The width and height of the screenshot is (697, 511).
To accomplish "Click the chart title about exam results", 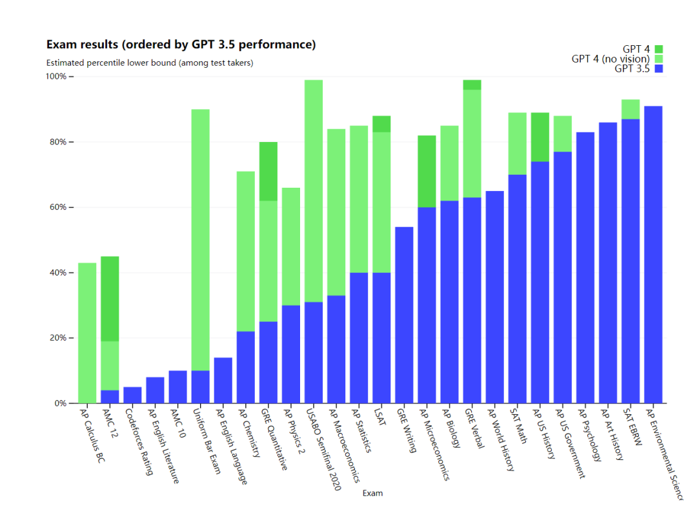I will [181, 45].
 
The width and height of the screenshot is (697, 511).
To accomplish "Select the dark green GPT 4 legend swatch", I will [658, 49].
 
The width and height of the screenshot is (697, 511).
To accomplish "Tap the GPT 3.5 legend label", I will [632, 69].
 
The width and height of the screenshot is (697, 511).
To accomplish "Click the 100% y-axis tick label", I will [56, 76].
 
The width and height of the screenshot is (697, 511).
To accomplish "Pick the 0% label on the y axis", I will [60, 403].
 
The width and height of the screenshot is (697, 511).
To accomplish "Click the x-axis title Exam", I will [372, 493].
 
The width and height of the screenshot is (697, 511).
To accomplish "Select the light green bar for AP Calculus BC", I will [87, 333].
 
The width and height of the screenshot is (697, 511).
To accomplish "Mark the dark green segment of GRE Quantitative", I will [268, 171].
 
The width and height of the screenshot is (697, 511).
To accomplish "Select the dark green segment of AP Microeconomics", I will [427, 171].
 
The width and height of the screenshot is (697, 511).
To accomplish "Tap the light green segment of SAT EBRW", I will [631, 109].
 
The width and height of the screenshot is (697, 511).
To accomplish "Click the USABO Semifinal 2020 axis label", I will [323, 449].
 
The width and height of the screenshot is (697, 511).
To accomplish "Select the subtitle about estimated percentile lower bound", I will [150, 63].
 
